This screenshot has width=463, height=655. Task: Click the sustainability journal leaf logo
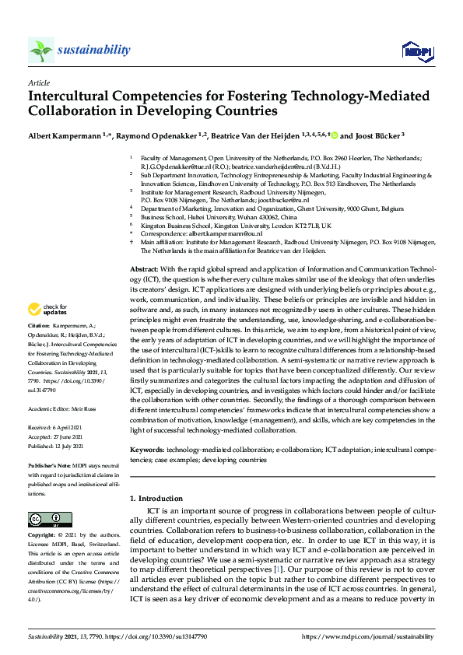pyautogui.click(x=41, y=51)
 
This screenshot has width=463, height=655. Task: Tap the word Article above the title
pyautogui.click(x=39, y=82)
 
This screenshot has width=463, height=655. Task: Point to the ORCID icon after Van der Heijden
pyautogui.click(x=334, y=135)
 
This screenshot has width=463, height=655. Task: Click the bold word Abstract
pyautogui.click(x=143, y=268)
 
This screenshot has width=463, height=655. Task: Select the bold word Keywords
pyautogui.click(x=147, y=450)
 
